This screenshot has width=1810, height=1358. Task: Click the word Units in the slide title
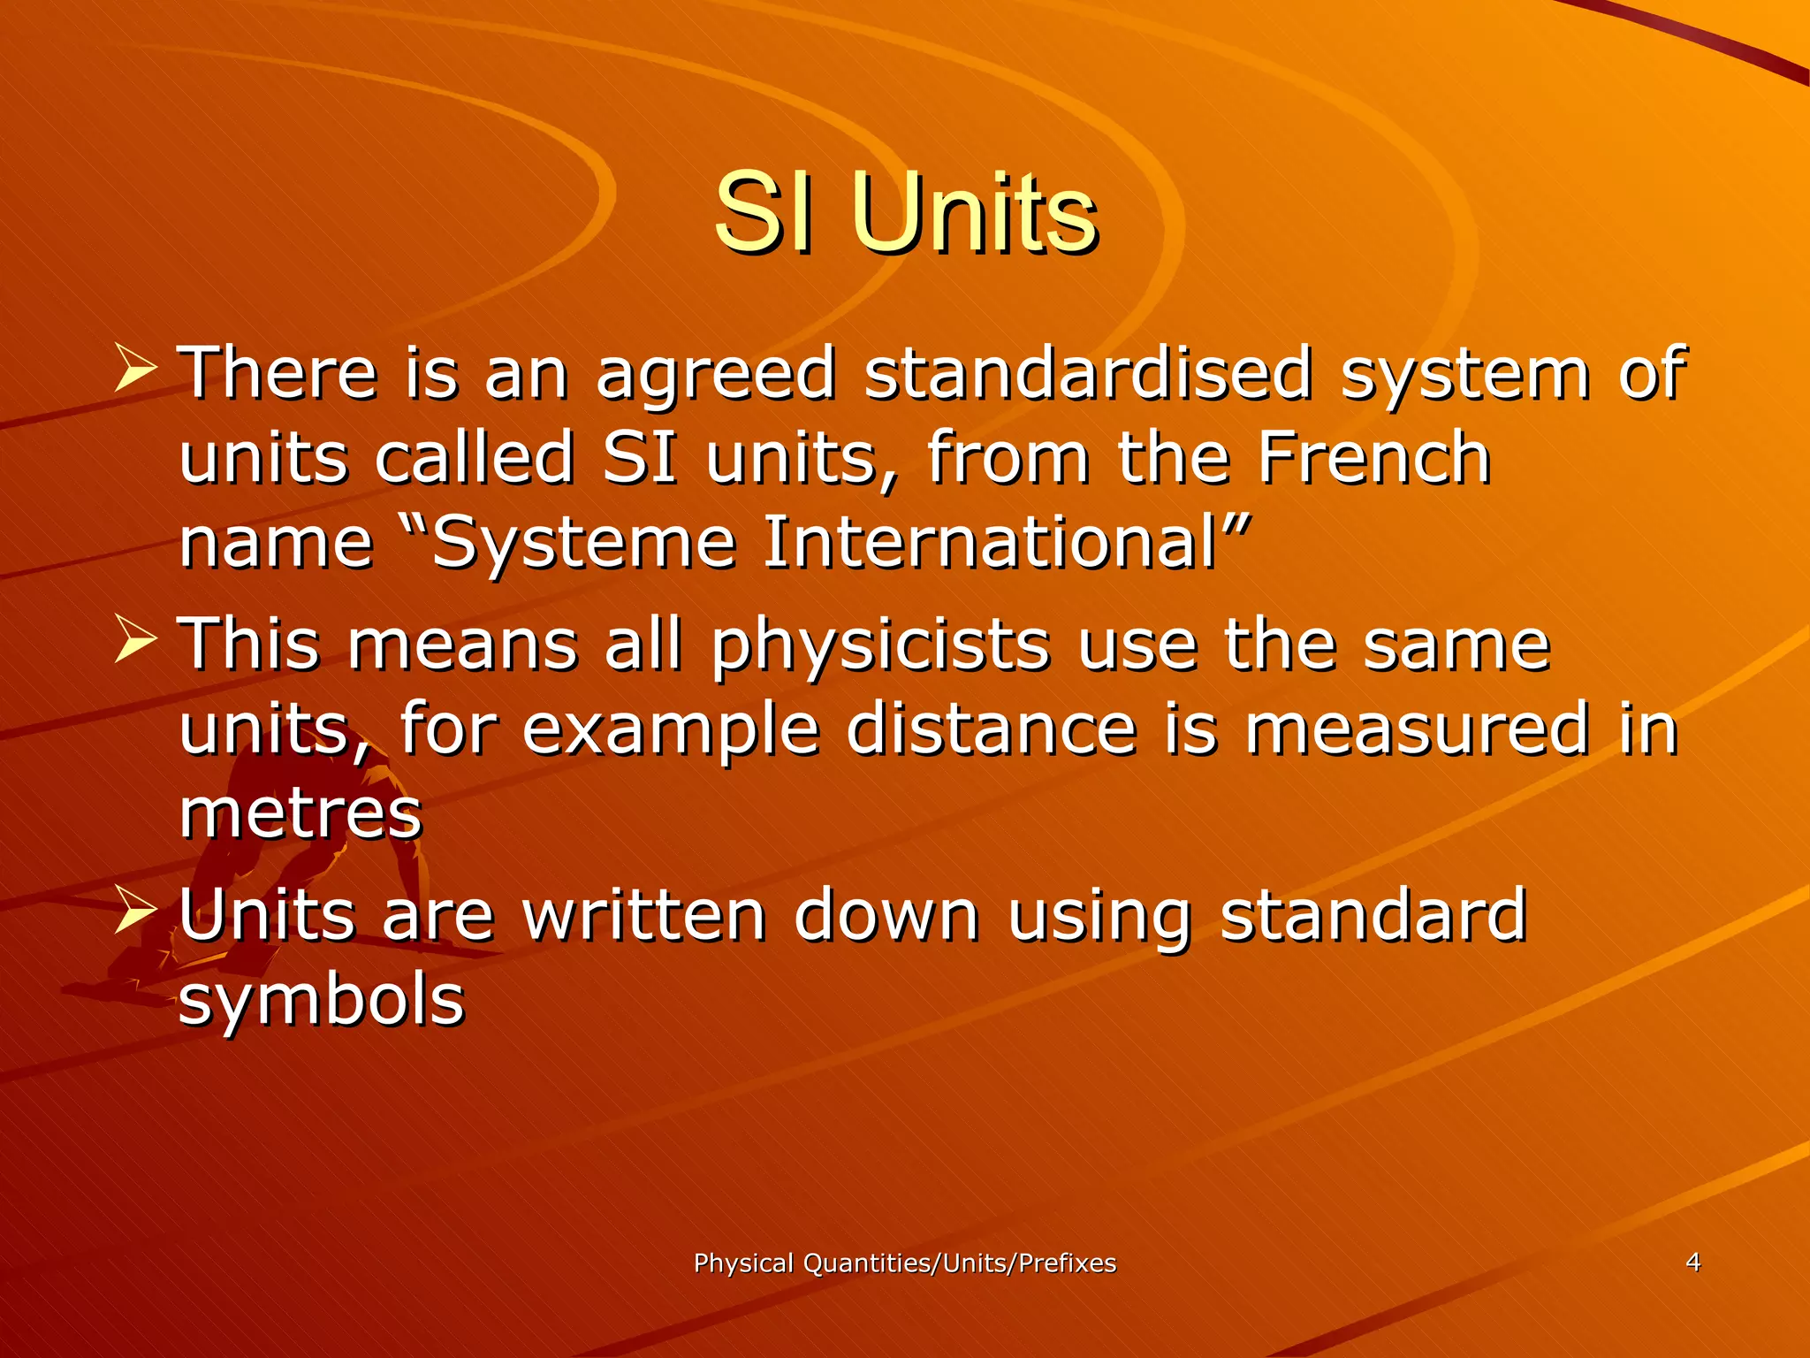pyautogui.click(x=976, y=214)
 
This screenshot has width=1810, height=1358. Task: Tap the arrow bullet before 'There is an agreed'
pyautogui.click(x=135, y=370)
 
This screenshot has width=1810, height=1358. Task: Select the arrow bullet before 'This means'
pyautogui.click(x=135, y=640)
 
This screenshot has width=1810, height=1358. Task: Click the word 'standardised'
pyautogui.click(x=1088, y=373)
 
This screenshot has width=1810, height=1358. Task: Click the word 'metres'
pyautogui.click(x=300, y=813)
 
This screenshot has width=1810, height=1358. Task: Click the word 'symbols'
pyautogui.click(x=322, y=1001)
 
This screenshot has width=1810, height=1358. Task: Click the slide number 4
pyautogui.click(x=1692, y=1262)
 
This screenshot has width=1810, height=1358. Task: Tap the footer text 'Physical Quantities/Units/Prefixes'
pyautogui.click(x=905, y=1263)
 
